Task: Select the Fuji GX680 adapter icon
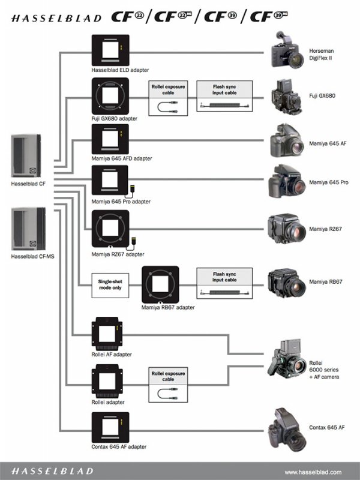click(x=110, y=96)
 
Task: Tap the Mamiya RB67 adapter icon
click(x=160, y=284)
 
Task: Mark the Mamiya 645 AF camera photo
click(x=286, y=142)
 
